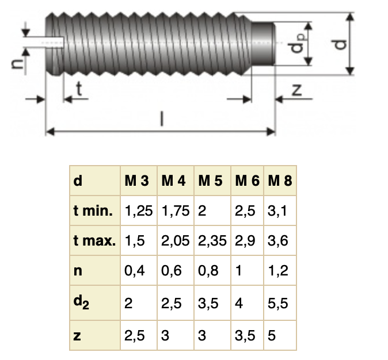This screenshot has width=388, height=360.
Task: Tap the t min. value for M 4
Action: point(176,211)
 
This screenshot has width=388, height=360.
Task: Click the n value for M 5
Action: point(208,271)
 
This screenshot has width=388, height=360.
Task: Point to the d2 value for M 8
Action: point(278,302)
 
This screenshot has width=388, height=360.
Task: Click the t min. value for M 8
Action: point(277,211)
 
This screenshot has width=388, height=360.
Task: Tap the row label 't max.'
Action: point(94,241)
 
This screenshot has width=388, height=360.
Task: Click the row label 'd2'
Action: point(81,302)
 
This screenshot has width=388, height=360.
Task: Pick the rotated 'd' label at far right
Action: point(341,43)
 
